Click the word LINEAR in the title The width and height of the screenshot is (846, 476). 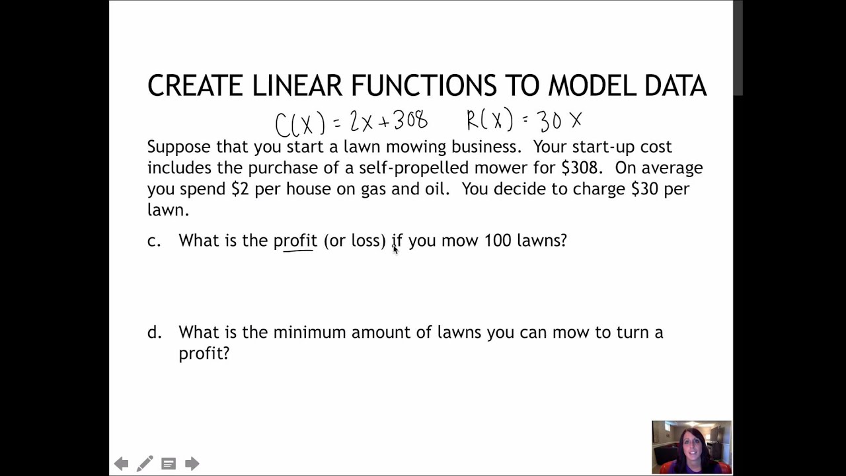coord(297,86)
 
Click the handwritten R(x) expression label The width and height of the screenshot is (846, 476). coord(489,121)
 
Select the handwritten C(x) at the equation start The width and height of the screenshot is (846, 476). coord(300,123)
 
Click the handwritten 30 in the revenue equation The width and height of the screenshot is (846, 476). coord(550,121)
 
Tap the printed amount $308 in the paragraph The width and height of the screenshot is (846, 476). coord(580,167)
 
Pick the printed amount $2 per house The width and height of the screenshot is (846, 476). coord(241,188)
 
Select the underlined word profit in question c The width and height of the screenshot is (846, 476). coord(295,241)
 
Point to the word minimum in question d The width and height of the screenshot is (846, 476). coord(310,332)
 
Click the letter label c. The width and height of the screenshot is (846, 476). coord(154,241)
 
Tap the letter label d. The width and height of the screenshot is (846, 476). coord(154,332)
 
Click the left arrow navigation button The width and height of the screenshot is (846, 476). coord(121,463)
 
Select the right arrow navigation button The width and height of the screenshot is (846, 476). coord(192,463)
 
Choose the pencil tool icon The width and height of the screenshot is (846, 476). coord(145,463)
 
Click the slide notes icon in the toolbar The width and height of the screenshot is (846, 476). coord(169,463)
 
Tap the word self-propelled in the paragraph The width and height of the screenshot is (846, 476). coord(410,167)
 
